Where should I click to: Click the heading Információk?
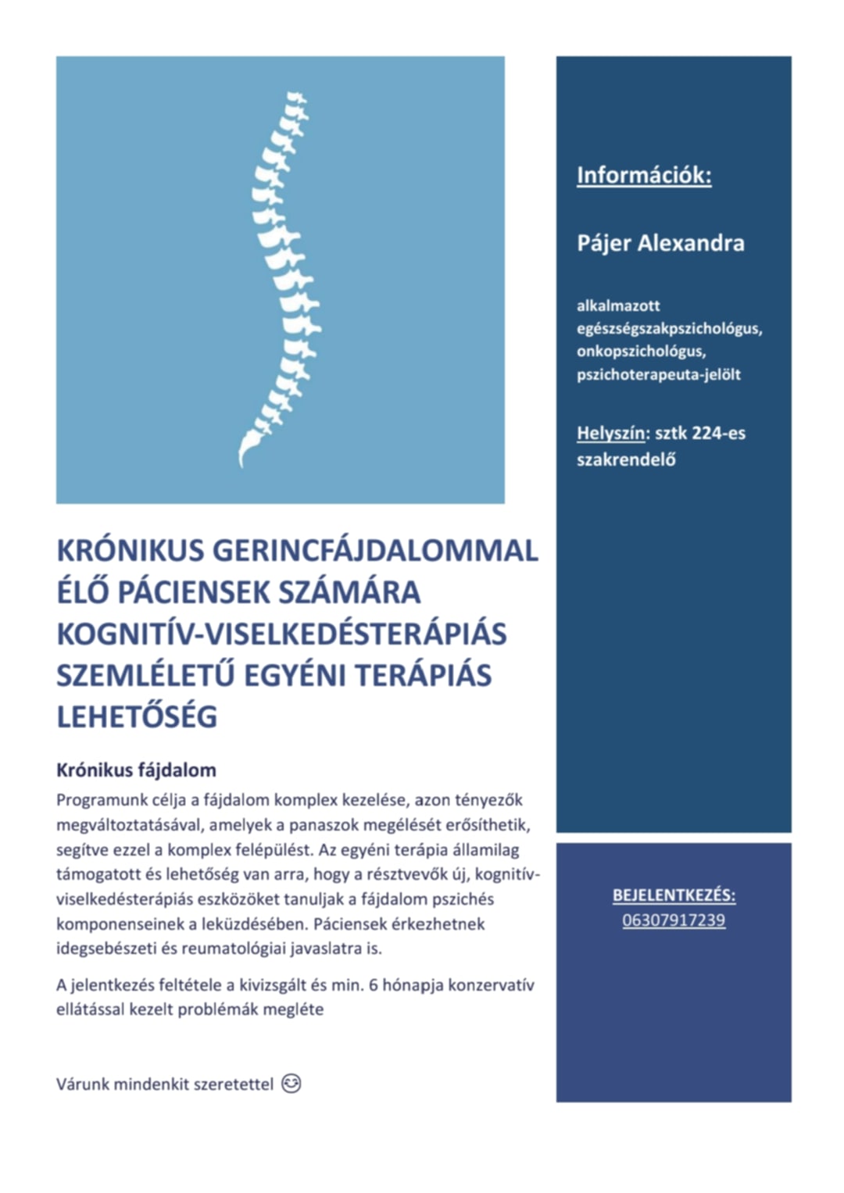(x=644, y=175)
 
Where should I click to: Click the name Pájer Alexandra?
(x=660, y=243)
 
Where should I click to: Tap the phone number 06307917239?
(x=674, y=920)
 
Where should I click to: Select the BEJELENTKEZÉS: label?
(x=674, y=895)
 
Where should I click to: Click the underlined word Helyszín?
(x=611, y=434)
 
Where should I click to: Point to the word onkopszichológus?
(x=641, y=352)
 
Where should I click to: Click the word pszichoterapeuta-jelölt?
(x=659, y=375)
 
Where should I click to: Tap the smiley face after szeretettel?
(x=291, y=1084)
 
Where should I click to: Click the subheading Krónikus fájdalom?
(x=136, y=770)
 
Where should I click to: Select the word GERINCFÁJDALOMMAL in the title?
(x=375, y=551)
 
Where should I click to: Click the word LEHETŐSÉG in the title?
(x=137, y=717)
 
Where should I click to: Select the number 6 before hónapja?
(x=373, y=985)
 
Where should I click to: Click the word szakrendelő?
(x=626, y=460)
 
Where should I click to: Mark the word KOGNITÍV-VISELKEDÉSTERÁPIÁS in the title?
(x=281, y=634)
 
